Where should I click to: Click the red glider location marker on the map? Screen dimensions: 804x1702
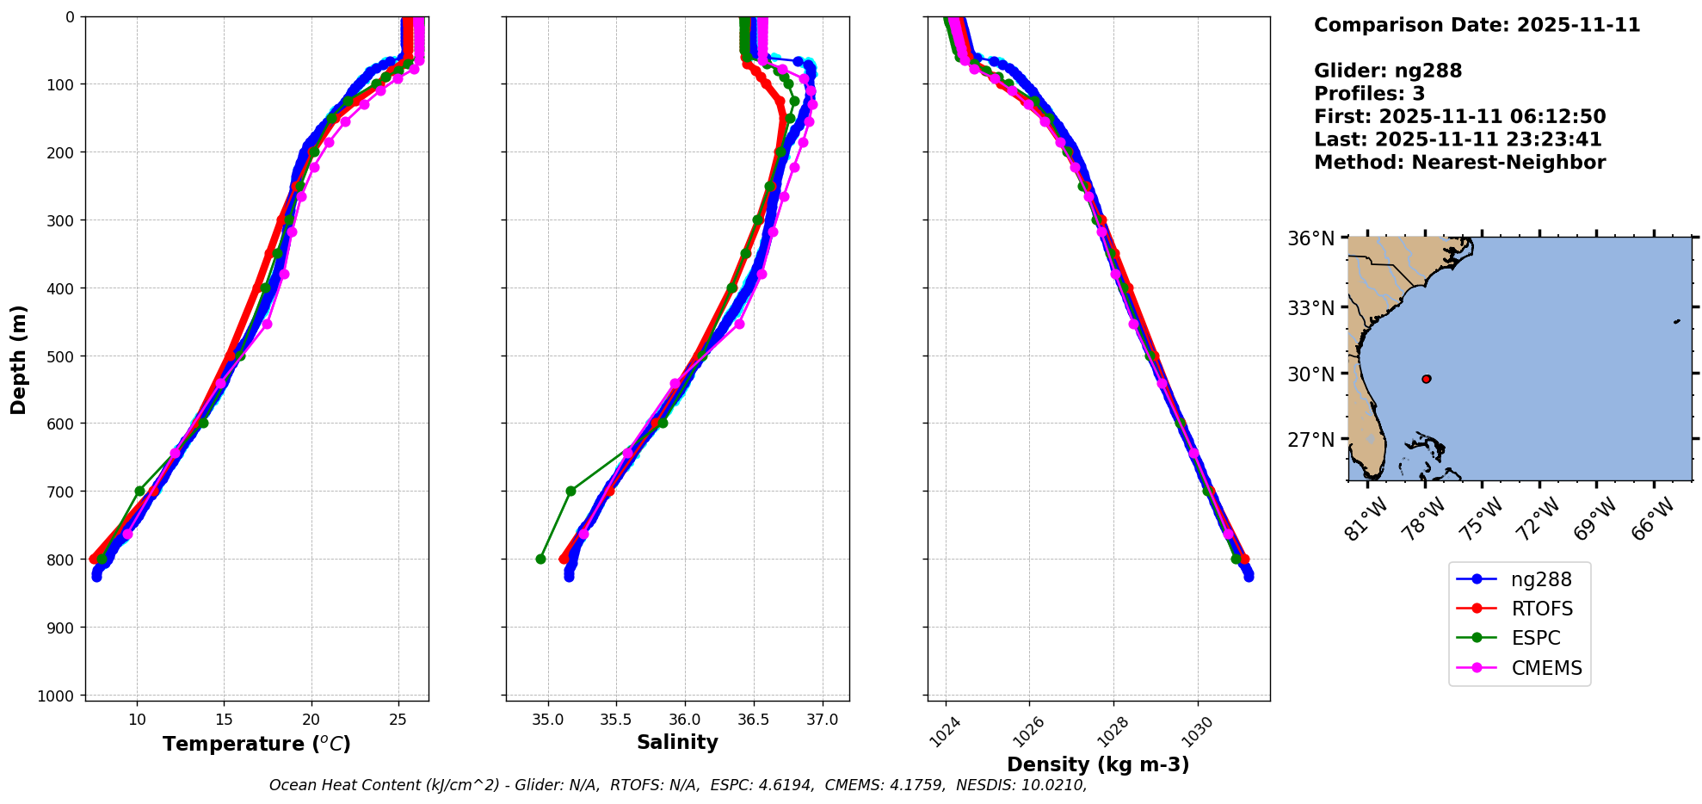click(x=1427, y=379)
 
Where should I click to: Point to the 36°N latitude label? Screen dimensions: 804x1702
click(x=1311, y=238)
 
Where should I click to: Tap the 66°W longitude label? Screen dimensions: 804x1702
click(x=1653, y=519)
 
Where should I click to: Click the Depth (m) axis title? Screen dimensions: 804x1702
click(x=19, y=359)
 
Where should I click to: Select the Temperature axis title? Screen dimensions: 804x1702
click(x=256, y=744)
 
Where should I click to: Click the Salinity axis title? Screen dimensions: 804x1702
click(x=677, y=742)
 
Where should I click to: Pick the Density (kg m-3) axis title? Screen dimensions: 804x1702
click(x=1098, y=764)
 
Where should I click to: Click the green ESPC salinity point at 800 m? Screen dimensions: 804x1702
click(x=540, y=559)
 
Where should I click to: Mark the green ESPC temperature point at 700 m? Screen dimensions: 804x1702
click(x=139, y=491)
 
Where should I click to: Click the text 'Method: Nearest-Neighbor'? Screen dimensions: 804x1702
click(x=1459, y=163)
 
